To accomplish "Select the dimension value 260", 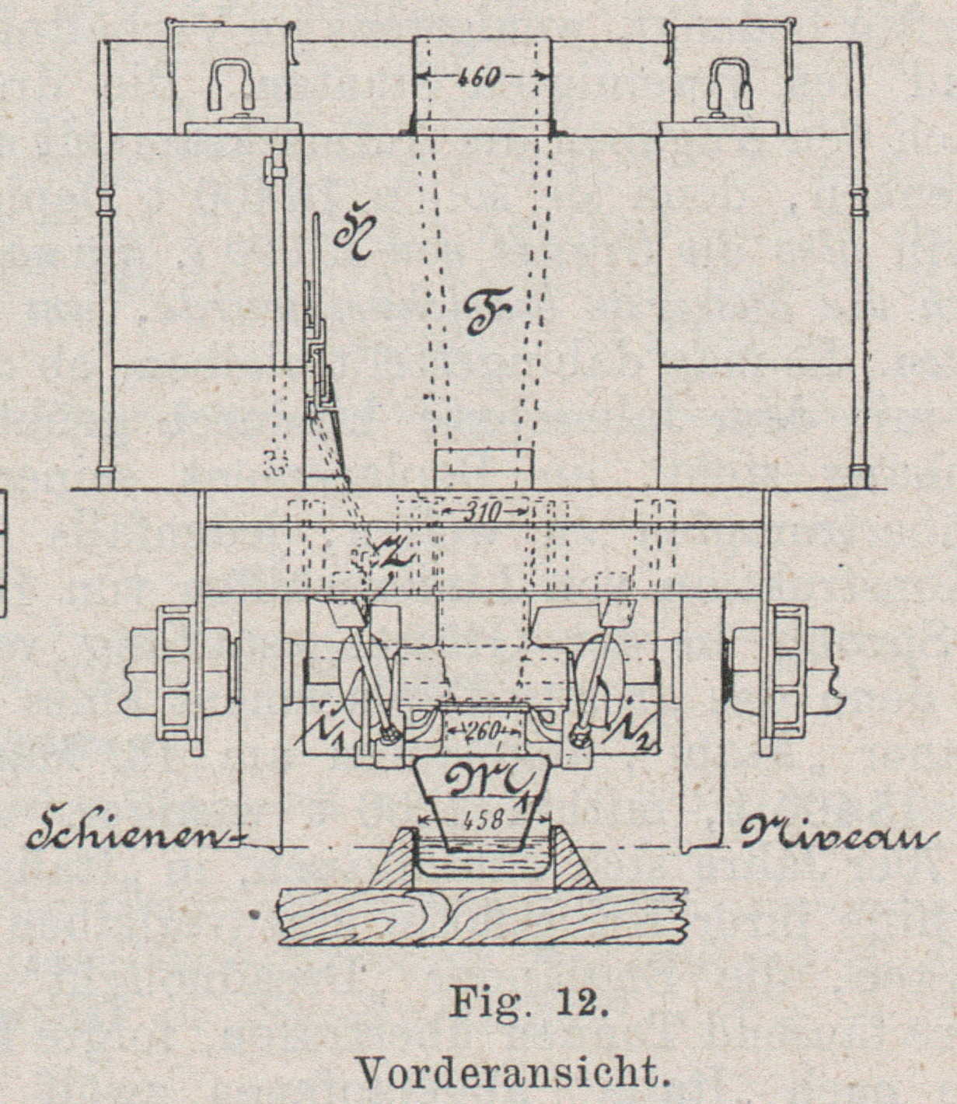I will click(484, 732).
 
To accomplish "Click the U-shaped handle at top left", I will click(231, 86).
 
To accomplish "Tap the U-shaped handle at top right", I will click(730, 84).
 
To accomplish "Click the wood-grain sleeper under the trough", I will click(482, 916).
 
